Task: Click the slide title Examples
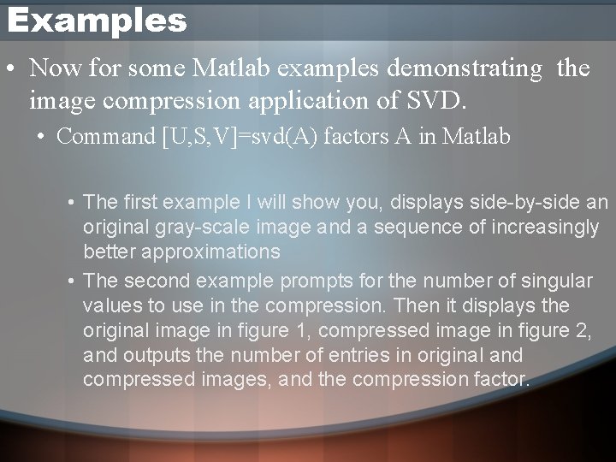click(x=96, y=21)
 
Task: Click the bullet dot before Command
click(x=42, y=137)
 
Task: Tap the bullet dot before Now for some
click(x=9, y=68)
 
